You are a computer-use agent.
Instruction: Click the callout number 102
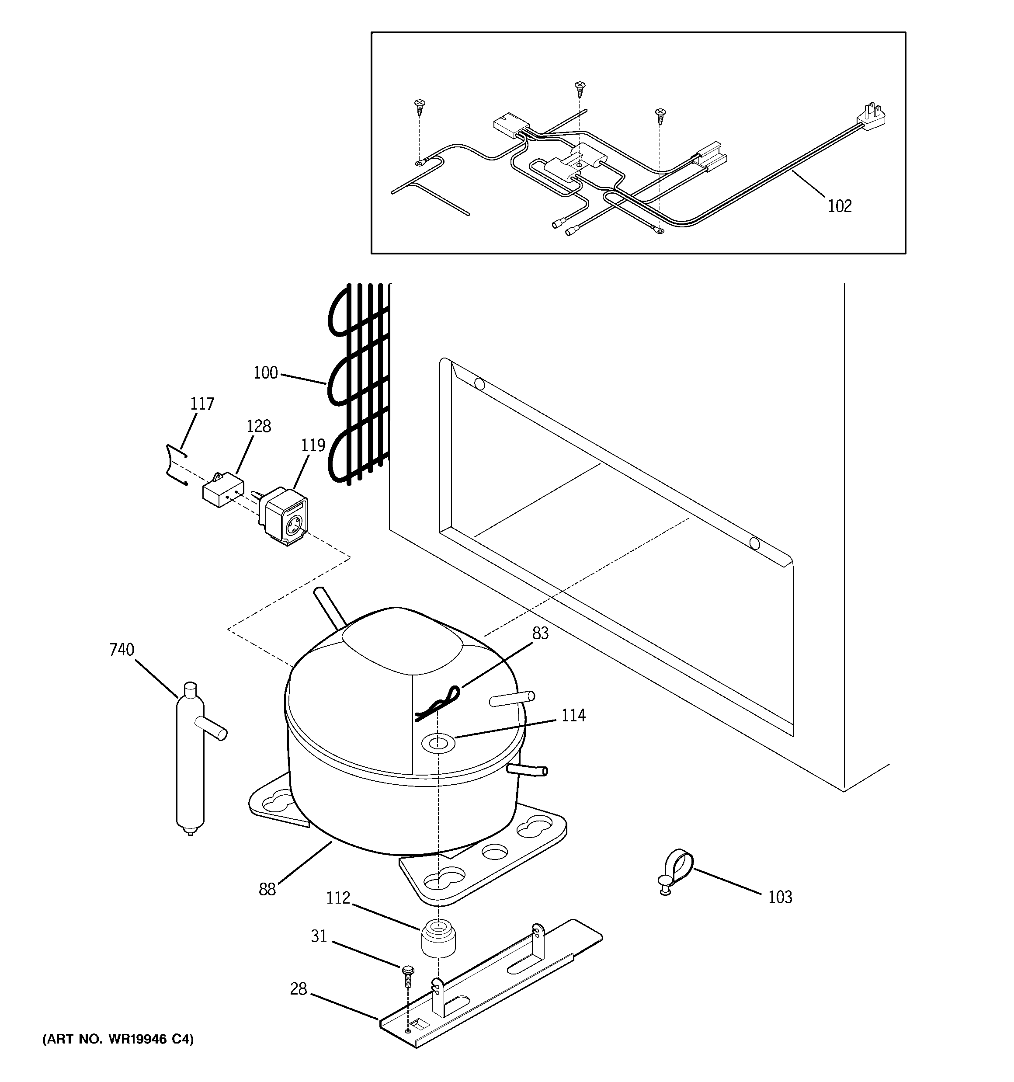coord(839,206)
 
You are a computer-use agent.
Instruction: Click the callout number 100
coord(266,373)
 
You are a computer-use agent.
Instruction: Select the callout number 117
coord(202,404)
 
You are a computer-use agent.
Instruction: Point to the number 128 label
coord(259,426)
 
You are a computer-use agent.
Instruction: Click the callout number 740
coord(122,650)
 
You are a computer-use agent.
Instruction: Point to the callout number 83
coord(541,633)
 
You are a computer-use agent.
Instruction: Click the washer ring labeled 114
coord(439,743)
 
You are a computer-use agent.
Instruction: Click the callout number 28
coord(298,989)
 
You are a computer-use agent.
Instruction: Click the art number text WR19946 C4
coord(118,1040)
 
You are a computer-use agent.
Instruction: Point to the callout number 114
coord(573,715)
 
